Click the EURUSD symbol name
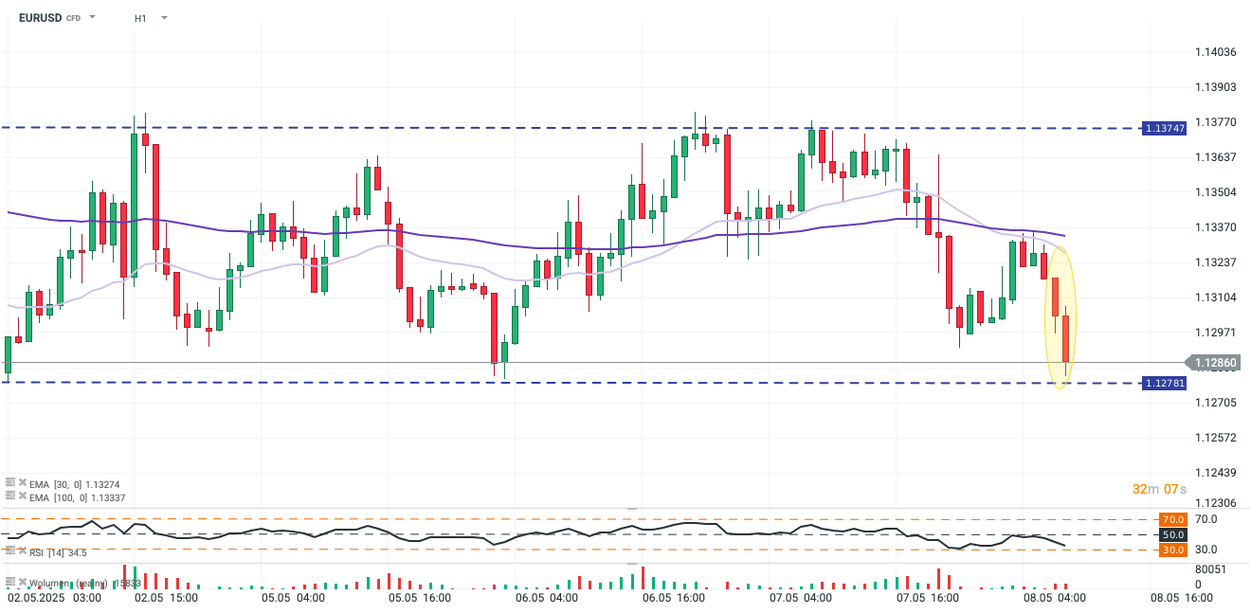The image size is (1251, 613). pyautogui.click(x=40, y=17)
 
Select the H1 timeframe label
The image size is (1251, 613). pyautogui.click(x=140, y=18)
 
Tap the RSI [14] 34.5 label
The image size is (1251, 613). pyautogui.click(x=57, y=552)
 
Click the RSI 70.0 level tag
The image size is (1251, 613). pyautogui.click(x=1173, y=519)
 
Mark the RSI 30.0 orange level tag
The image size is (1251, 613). pyautogui.click(x=1173, y=550)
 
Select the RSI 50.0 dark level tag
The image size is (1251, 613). pyautogui.click(x=1173, y=535)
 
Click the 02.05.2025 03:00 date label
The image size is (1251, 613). pyautogui.click(x=55, y=599)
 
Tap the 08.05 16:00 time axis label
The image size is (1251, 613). pyautogui.click(x=1182, y=599)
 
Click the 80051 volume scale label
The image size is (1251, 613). pyautogui.click(x=1210, y=569)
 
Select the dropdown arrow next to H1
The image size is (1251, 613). pyautogui.click(x=165, y=18)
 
